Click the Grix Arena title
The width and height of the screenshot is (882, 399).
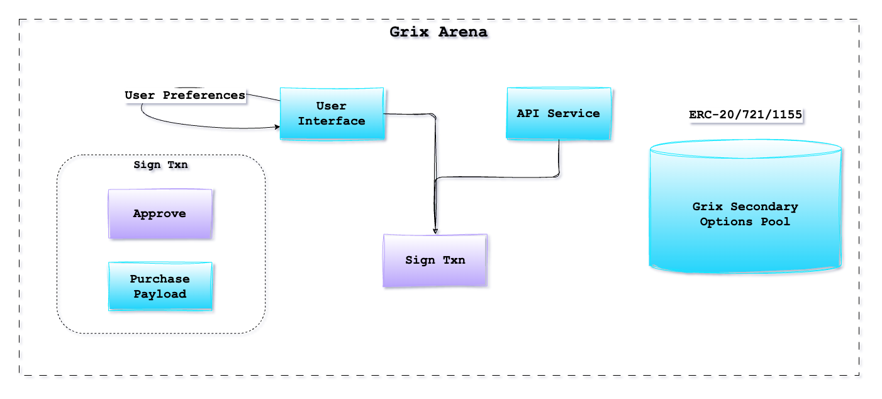438,31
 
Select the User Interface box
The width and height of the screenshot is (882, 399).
332,113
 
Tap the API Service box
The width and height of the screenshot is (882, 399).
559,113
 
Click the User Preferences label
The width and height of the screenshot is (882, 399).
185,96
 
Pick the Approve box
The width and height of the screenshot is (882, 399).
160,214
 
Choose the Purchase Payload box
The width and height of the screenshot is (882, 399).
160,286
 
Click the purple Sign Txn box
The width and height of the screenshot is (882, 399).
435,260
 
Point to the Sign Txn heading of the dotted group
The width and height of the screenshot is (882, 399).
160,165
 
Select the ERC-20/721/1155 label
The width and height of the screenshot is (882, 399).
745,115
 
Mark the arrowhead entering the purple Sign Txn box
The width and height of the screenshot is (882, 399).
435,231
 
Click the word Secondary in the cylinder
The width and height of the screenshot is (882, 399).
764,206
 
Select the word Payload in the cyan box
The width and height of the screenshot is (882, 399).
160,294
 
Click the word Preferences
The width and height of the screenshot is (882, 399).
204,96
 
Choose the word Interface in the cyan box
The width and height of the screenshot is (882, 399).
332,121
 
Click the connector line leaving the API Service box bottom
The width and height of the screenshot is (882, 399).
559,157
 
